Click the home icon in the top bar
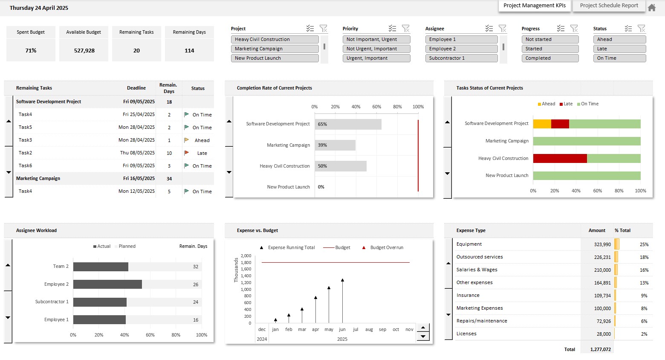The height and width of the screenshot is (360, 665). click(652, 7)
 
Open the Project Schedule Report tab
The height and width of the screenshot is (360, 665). click(609, 6)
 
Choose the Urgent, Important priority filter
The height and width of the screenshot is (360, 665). click(376, 58)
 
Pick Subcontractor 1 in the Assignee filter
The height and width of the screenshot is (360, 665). click(461, 58)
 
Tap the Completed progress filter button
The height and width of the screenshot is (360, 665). click(550, 58)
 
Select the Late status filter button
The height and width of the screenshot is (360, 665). click(619, 49)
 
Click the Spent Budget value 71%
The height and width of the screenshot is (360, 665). click(31, 50)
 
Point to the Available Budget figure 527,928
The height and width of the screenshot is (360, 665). click(84, 50)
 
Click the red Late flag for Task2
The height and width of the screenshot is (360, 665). click(186, 153)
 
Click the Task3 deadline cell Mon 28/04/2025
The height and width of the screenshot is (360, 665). click(136, 140)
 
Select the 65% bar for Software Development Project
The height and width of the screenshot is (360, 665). click(348, 124)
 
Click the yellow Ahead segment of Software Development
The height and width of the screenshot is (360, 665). click(542, 124)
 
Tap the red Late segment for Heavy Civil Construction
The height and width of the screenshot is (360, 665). click(560, 159)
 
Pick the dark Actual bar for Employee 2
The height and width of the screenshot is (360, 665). click(107, 285)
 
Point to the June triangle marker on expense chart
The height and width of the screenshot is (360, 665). click(342, 280)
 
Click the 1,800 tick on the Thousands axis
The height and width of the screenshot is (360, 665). click(246, 263)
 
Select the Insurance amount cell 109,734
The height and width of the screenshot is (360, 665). click(602, 296)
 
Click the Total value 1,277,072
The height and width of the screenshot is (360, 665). click(600, 349)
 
